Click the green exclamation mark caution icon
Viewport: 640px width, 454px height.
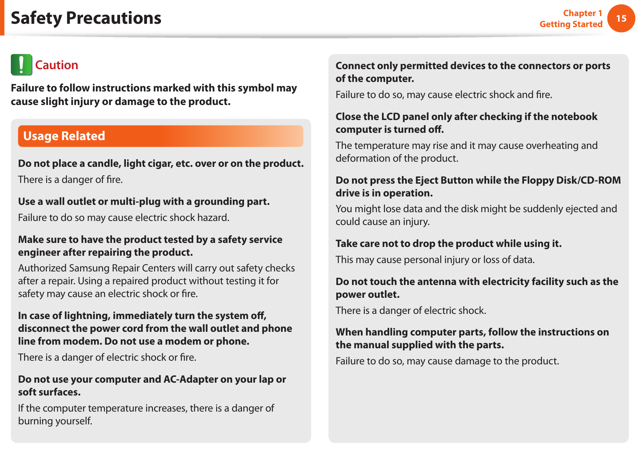tap(21, 65)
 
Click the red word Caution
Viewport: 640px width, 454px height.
tap(57, 65)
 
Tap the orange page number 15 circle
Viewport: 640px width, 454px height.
tap(621, 18)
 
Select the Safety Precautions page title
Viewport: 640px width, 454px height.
tap(86, 18)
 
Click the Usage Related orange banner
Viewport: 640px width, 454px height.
tap(160, 136)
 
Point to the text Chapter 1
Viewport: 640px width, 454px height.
tap(582, 13)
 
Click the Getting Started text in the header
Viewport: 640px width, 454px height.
tap(571, 24)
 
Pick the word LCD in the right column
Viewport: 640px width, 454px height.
tap(390, 117)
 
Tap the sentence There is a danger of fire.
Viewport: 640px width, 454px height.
tap(70, 180)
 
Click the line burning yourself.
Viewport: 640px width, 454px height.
tap(55, 421)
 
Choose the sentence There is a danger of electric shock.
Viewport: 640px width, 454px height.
tap(411, 311)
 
